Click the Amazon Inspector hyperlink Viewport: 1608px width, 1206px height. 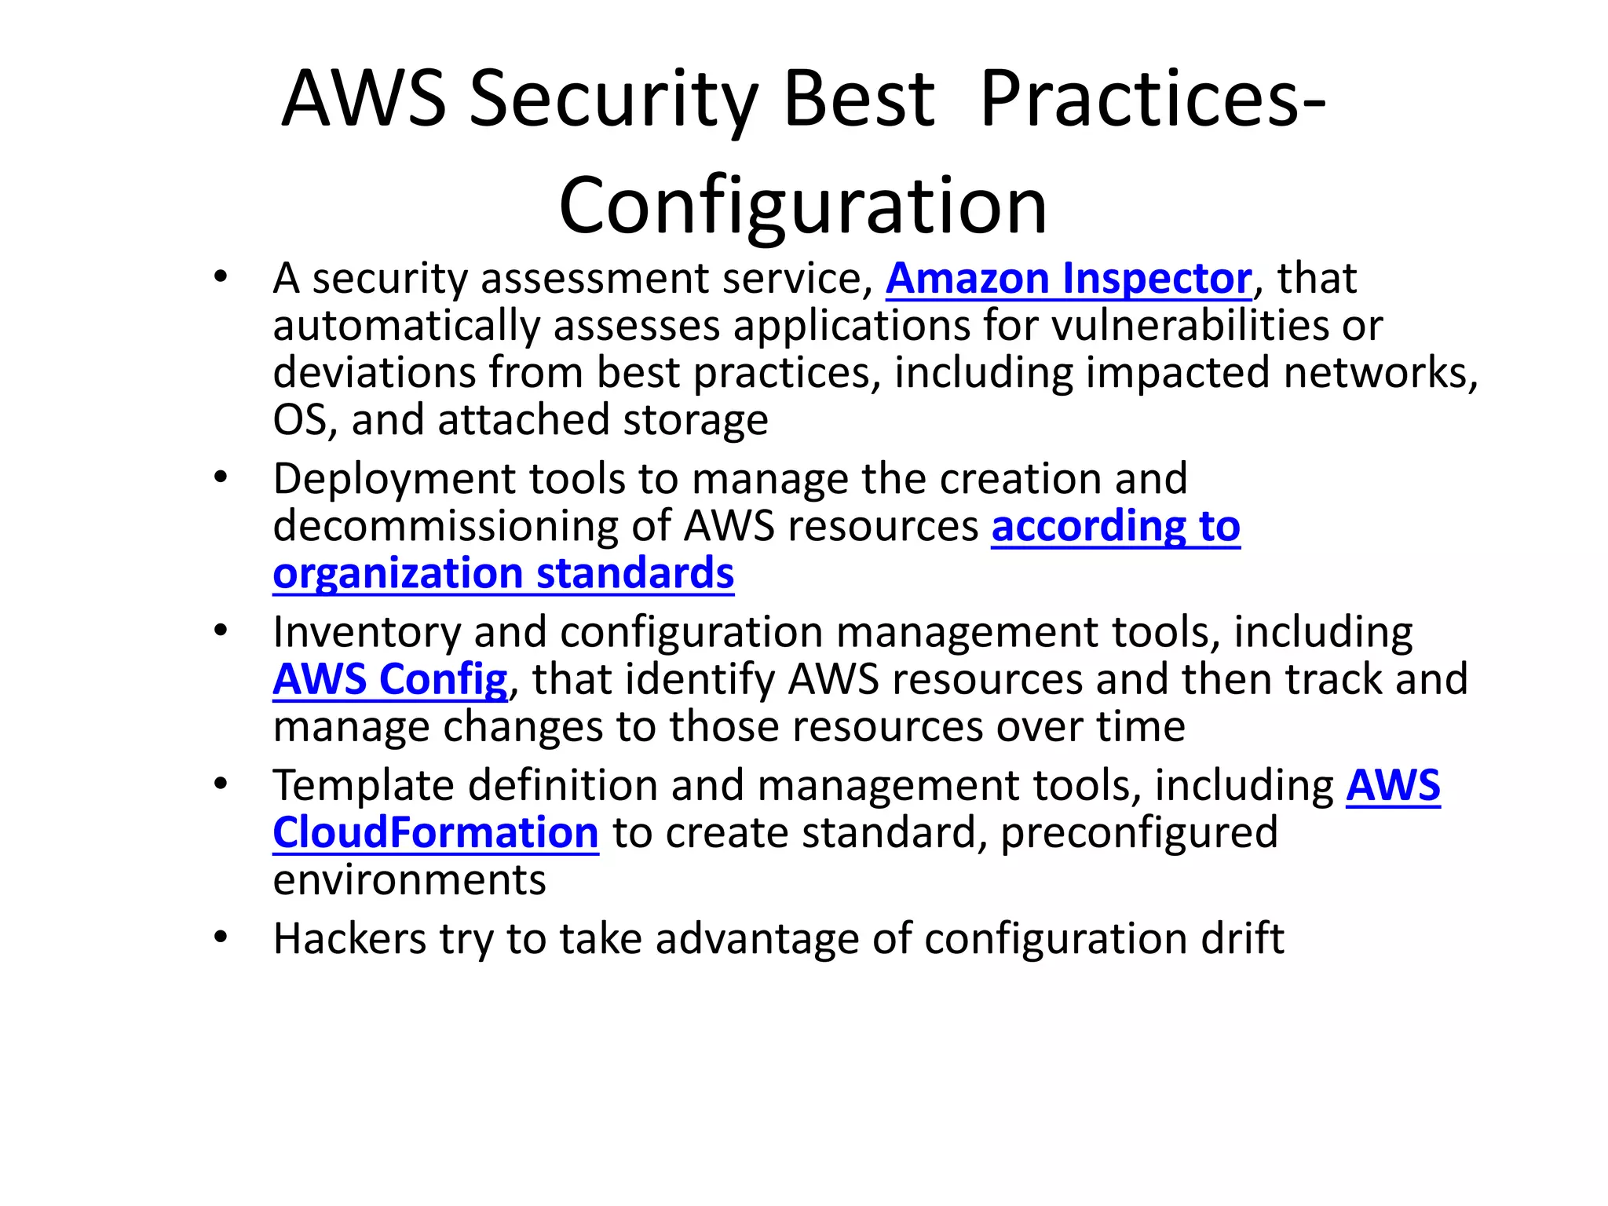click(x=1069, y=279)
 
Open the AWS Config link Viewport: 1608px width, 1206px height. click(x=390, y=679)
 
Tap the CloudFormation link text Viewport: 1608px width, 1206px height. click(x=436, y=832)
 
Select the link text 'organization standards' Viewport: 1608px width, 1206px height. click(x=503, y=573)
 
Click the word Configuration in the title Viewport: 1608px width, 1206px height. click(x=802, y=206)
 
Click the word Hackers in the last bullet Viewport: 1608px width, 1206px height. click(x=349, y=938)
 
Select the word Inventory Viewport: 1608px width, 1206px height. click(x=366, y=632)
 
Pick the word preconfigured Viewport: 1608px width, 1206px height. click(x=1139, y=832)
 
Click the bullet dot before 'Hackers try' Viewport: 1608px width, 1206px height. click(x=221, y=937)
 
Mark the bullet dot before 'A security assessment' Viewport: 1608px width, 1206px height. click(x=221, y=276)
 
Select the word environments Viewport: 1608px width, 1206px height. click(x=409, y=879)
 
